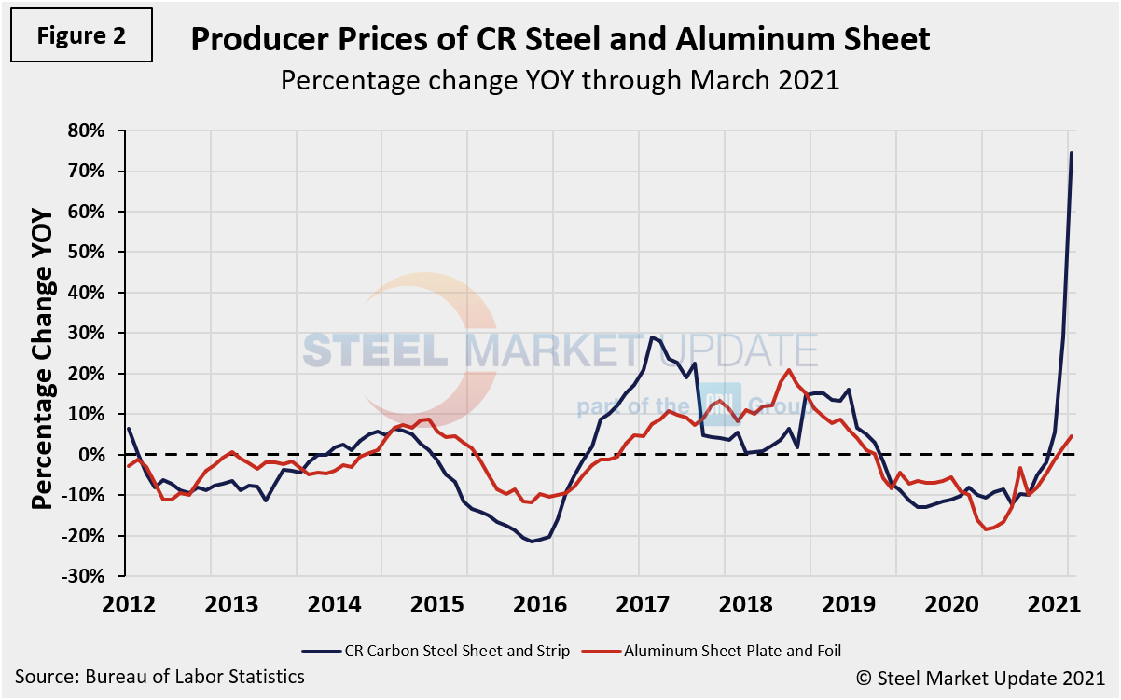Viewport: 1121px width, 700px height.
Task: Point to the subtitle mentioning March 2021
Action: tap(560, 80)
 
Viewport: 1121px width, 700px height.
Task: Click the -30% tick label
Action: tap(96, 576)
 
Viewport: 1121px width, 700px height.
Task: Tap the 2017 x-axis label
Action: tap(639, 602)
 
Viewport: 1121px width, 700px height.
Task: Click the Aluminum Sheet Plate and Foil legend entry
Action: tap(715, 652)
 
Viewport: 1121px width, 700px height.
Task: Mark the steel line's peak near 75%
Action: tap(1071, 153)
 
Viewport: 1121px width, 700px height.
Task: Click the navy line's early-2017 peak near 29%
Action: tap(651, 336)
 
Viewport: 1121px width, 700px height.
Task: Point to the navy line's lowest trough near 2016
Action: tap(533, 541)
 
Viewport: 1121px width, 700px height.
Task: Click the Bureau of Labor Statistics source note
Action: tap(159, 676)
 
